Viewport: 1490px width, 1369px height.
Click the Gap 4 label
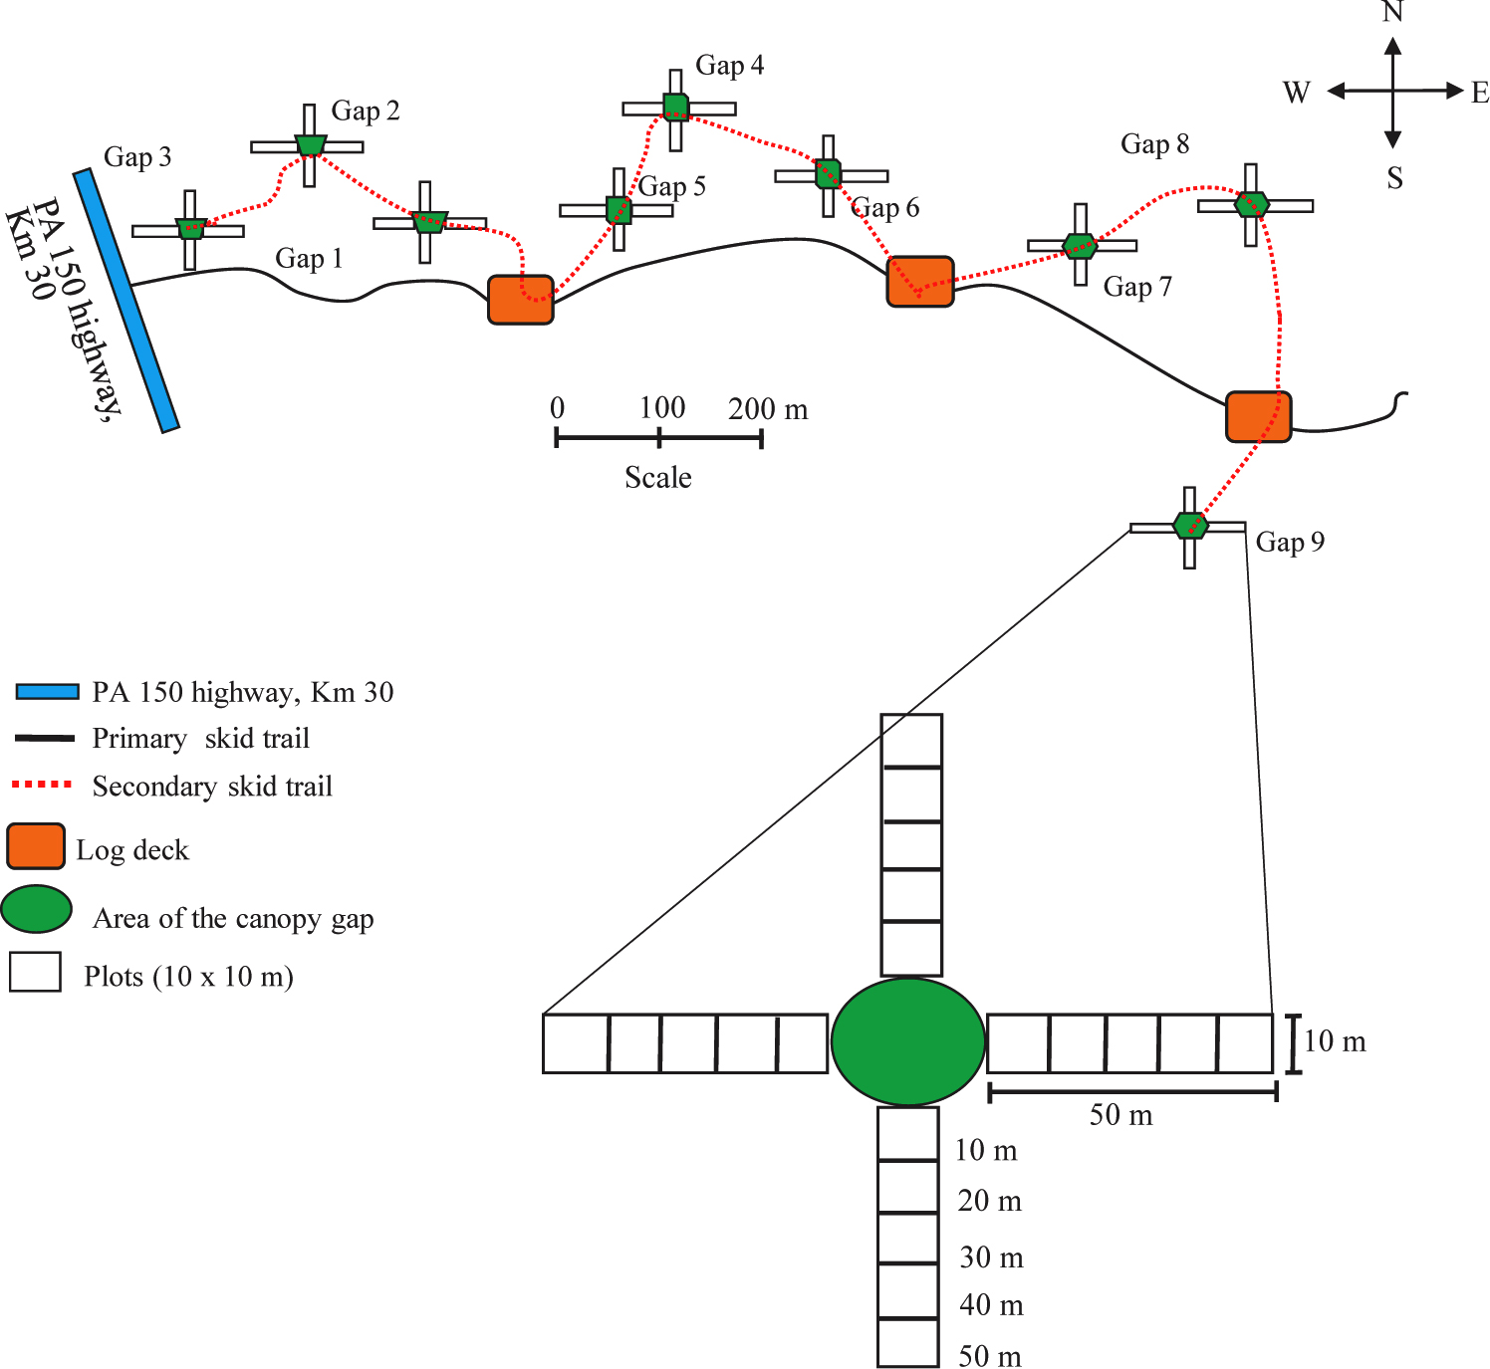pyautogui.click(x=729, y=66)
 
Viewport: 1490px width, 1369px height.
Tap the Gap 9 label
pyautogui.click(x=1290, y=542)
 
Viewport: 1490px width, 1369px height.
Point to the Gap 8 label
pyautogui.click(x=1155, y=143)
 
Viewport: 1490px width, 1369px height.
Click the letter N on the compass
pyautogui.click(x=1392, y=12)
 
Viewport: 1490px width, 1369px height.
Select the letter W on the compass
pyautogui.click(x=1297, y=93)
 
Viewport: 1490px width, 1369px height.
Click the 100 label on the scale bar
pyautogui.click(x=662, y=408)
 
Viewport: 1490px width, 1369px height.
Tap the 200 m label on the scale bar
pyautogui.click(x=768, y=409)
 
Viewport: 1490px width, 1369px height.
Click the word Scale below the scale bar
pyautogui.click(x=658, y=477)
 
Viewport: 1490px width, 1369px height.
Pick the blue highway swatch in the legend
pyautogui.click(x=48, y=692)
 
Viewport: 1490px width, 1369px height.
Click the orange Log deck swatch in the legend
pyautogui.click(x=36, y=846)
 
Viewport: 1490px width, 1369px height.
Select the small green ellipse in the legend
pyautogui.click(x=37, y=909)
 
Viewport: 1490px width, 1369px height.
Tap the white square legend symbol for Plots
pyautogui.click(x=35, y=972)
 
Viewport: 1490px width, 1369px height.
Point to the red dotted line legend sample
pyautogui.click(x=43, y=785)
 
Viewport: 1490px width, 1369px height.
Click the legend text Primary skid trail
pyautogui.click(x=200, y=739)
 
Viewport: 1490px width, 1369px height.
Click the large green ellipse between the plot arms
pyautogui.click(x=907, y=1041)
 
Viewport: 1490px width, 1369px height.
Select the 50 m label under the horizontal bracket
pyautogui.click(x=1120, y=1115)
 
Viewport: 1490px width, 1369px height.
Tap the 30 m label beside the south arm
pyautogui.click(x=992, y=1257)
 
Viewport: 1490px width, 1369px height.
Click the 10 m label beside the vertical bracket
pyautogui.click(x=1335, y=1041)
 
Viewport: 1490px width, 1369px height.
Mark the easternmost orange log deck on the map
pyautogui.click(x=1258, y=417)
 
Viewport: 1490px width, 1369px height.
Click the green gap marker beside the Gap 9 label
pyautogui.click(x=1190, y=525)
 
